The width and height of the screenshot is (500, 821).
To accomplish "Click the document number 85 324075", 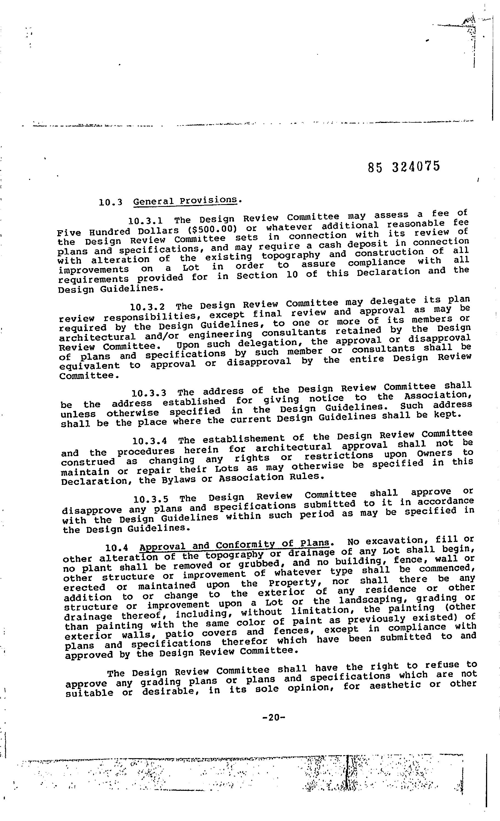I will (x=404, y=166).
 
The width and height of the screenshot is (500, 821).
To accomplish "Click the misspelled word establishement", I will (x=243, y=439).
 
